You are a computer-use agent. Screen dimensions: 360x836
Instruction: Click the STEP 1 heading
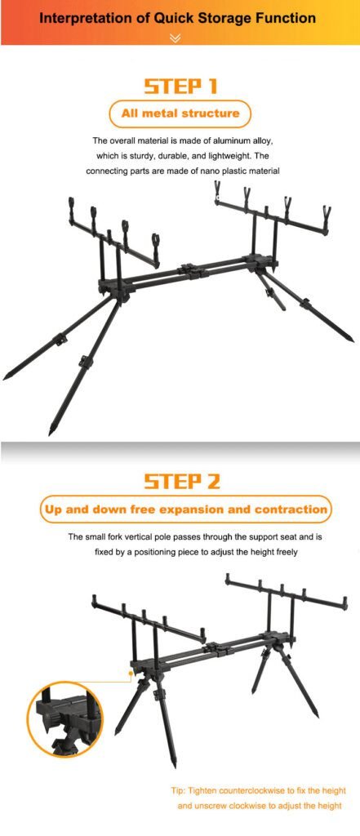tap(180, 87)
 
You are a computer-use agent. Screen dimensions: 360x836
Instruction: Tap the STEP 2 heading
tap(181, 481)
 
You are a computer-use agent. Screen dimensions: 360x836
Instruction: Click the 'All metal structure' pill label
tap(180, 113)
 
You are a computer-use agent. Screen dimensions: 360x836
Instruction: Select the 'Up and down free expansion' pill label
tap(185, 509)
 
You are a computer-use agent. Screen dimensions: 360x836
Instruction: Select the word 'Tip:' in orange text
tap(178, 790)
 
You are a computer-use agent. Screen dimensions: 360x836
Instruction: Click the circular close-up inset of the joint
tap(64, 718)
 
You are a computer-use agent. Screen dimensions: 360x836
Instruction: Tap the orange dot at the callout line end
tap(131, 674)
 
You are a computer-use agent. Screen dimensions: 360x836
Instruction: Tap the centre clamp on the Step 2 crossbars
tap(217, 648)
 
